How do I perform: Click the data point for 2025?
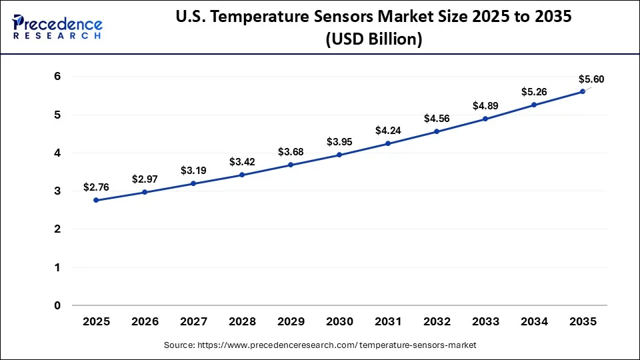pyautogui.click(x=97, y=200)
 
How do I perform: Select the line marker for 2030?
pyautogui.click(x=339, y=155)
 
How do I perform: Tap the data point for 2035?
pyautogui.click(x=582, y=91)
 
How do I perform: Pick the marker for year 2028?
pyautogui.click(x=242, y=175)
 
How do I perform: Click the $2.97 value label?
pyautogui.click(x=145, y=179)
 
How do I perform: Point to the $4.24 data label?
pyautogui.click(x=388, y=130)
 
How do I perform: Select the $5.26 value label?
pyautogui.click(x=533, y=91)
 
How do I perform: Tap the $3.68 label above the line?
pyautogui.click(x=291, y=151)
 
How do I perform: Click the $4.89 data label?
pyautogui.click(x=485, y=105)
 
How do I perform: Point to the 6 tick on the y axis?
pyautogui.click(x=57, y=77)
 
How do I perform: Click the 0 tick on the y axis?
pyautogui.click(x=57, y=305)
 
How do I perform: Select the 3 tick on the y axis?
pyautogui.click(x=57, y=191)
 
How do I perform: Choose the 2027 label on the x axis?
pyautogui.click(x=193, y=322)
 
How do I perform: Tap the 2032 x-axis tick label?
pyautogui.click(x=437, y=322)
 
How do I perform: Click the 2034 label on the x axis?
pyautogui.click(x=533, y=322)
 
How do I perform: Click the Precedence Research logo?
pyautogui.click(x=57, y=27)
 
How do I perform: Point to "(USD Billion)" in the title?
pyautogui.click(x=373, y=40)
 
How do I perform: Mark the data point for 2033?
pyautogui.click(x=485, y=119)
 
